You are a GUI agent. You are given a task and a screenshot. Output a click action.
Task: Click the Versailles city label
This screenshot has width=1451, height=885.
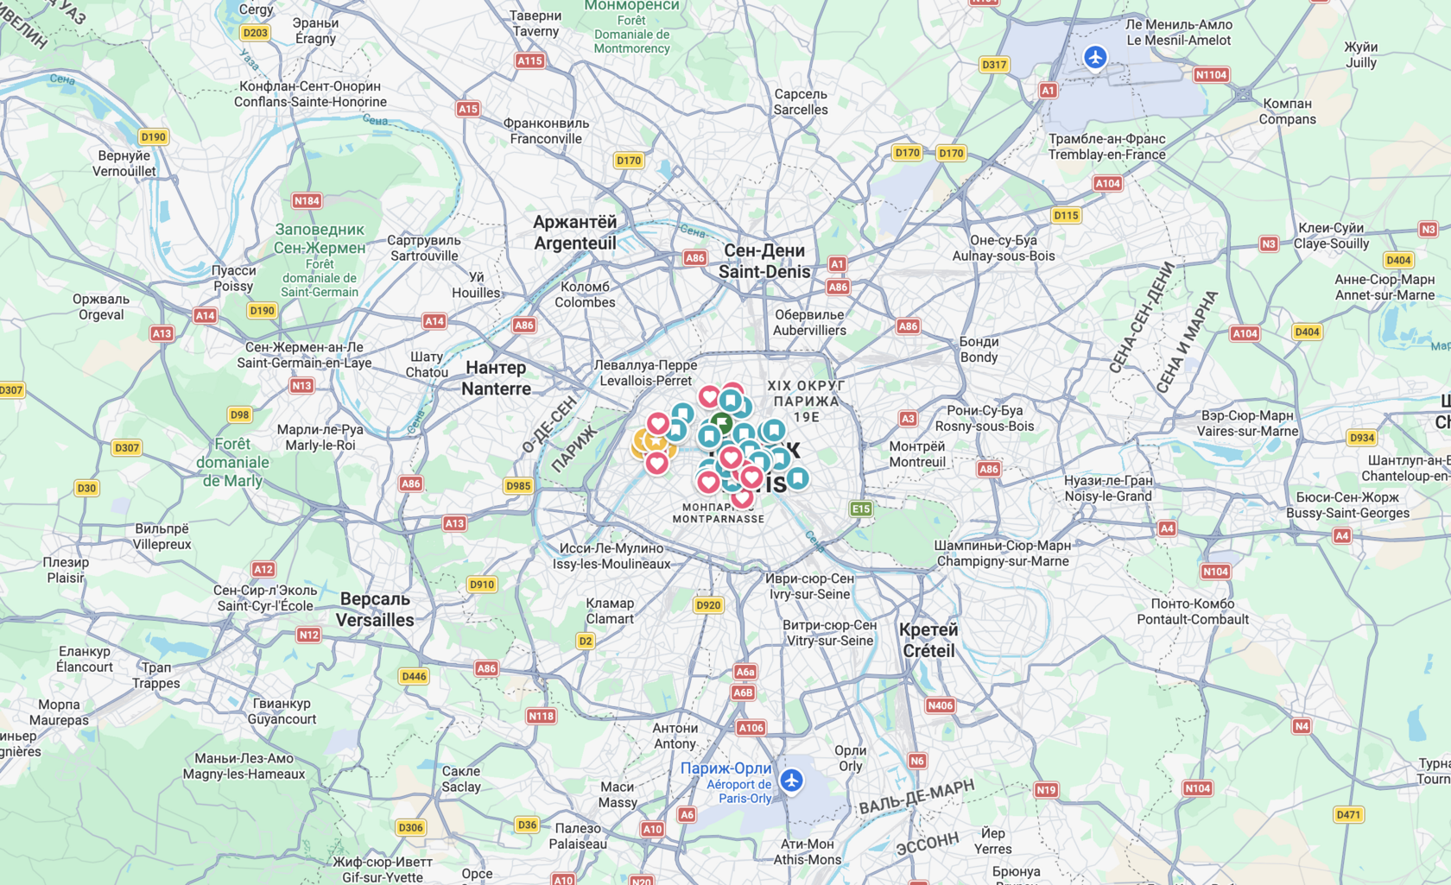(x=375, y=610)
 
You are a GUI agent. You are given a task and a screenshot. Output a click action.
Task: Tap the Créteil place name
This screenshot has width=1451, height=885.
(x=928, y=640)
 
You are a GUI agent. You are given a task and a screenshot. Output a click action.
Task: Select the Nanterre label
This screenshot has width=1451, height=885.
(x=496, y=378)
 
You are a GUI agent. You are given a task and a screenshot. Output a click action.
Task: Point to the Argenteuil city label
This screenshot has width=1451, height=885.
(x=575, y=232)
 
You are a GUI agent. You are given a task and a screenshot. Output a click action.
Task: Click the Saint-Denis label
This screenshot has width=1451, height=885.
(x=764, y=261)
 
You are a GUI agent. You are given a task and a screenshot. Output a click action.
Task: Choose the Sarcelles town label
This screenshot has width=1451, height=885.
(x=801, y=102)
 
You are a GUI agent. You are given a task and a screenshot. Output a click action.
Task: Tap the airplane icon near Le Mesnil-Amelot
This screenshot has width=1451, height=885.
(x=1095, y=58)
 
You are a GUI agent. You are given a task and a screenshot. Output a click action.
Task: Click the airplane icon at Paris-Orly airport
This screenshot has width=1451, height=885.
(x=791, y=781)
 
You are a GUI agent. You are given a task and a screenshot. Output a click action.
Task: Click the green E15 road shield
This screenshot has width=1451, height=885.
(x=861, y=509)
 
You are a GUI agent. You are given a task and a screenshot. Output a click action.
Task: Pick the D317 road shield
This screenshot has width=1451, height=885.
(x=994, y=65)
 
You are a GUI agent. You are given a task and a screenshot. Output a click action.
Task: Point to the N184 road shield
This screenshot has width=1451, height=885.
(x=307, y=201)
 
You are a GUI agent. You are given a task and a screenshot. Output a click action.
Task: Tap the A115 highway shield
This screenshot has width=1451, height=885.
(x=529, y=60)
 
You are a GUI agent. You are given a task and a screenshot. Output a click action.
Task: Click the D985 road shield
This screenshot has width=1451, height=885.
(x=518, y=486)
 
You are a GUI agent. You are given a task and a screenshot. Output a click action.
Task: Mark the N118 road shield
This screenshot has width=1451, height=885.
(x=542, y=716)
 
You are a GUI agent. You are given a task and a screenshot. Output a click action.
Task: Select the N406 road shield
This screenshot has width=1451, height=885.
(x=940, y=705)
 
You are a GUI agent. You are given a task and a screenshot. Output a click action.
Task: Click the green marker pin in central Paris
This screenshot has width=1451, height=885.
(x=722, y=424)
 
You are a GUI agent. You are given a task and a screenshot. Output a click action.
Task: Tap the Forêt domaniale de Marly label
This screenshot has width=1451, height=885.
(x=232, y=462)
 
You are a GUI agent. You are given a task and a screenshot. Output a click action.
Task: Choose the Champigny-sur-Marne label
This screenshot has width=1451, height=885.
(x=1002, y=553)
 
